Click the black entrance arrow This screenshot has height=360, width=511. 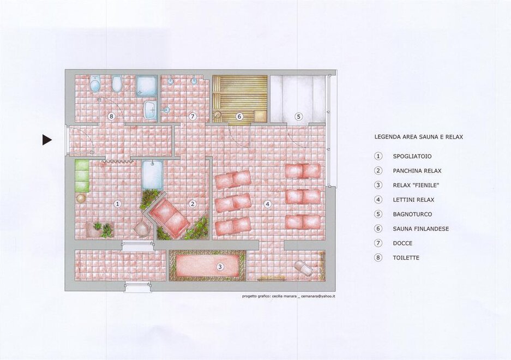[47, 140]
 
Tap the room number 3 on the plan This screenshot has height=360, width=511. [220, 267]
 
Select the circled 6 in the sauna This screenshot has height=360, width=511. [239, 116]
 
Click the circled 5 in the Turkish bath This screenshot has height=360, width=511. [298, 116]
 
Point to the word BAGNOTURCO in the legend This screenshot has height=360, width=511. [412, 214]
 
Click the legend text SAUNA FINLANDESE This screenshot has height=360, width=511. [420, 229]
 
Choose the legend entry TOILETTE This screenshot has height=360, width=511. [406, 257]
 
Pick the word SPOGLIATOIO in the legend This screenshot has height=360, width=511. [412, 156]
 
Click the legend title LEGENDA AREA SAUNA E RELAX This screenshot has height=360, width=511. [418, 137]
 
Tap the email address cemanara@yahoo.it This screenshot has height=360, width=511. [318, 296]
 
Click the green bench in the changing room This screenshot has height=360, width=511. [82, 176]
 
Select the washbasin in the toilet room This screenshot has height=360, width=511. [150, 109]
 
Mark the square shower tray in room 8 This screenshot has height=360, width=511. [146, 86]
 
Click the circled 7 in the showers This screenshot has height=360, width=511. [193, 116]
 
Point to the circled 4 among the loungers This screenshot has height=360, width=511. [267, 205]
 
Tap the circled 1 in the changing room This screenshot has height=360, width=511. [117, 204]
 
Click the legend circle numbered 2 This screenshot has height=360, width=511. [378, 171]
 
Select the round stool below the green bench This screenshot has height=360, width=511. [81, 198]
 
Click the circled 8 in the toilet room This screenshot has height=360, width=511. [111, 116]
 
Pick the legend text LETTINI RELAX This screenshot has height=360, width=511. [413, 200]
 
